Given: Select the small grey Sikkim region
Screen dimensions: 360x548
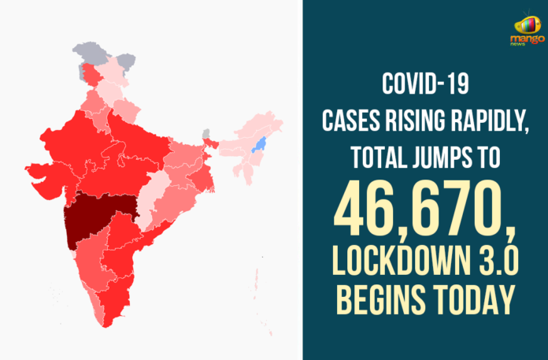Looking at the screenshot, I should [x=206, y=133].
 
